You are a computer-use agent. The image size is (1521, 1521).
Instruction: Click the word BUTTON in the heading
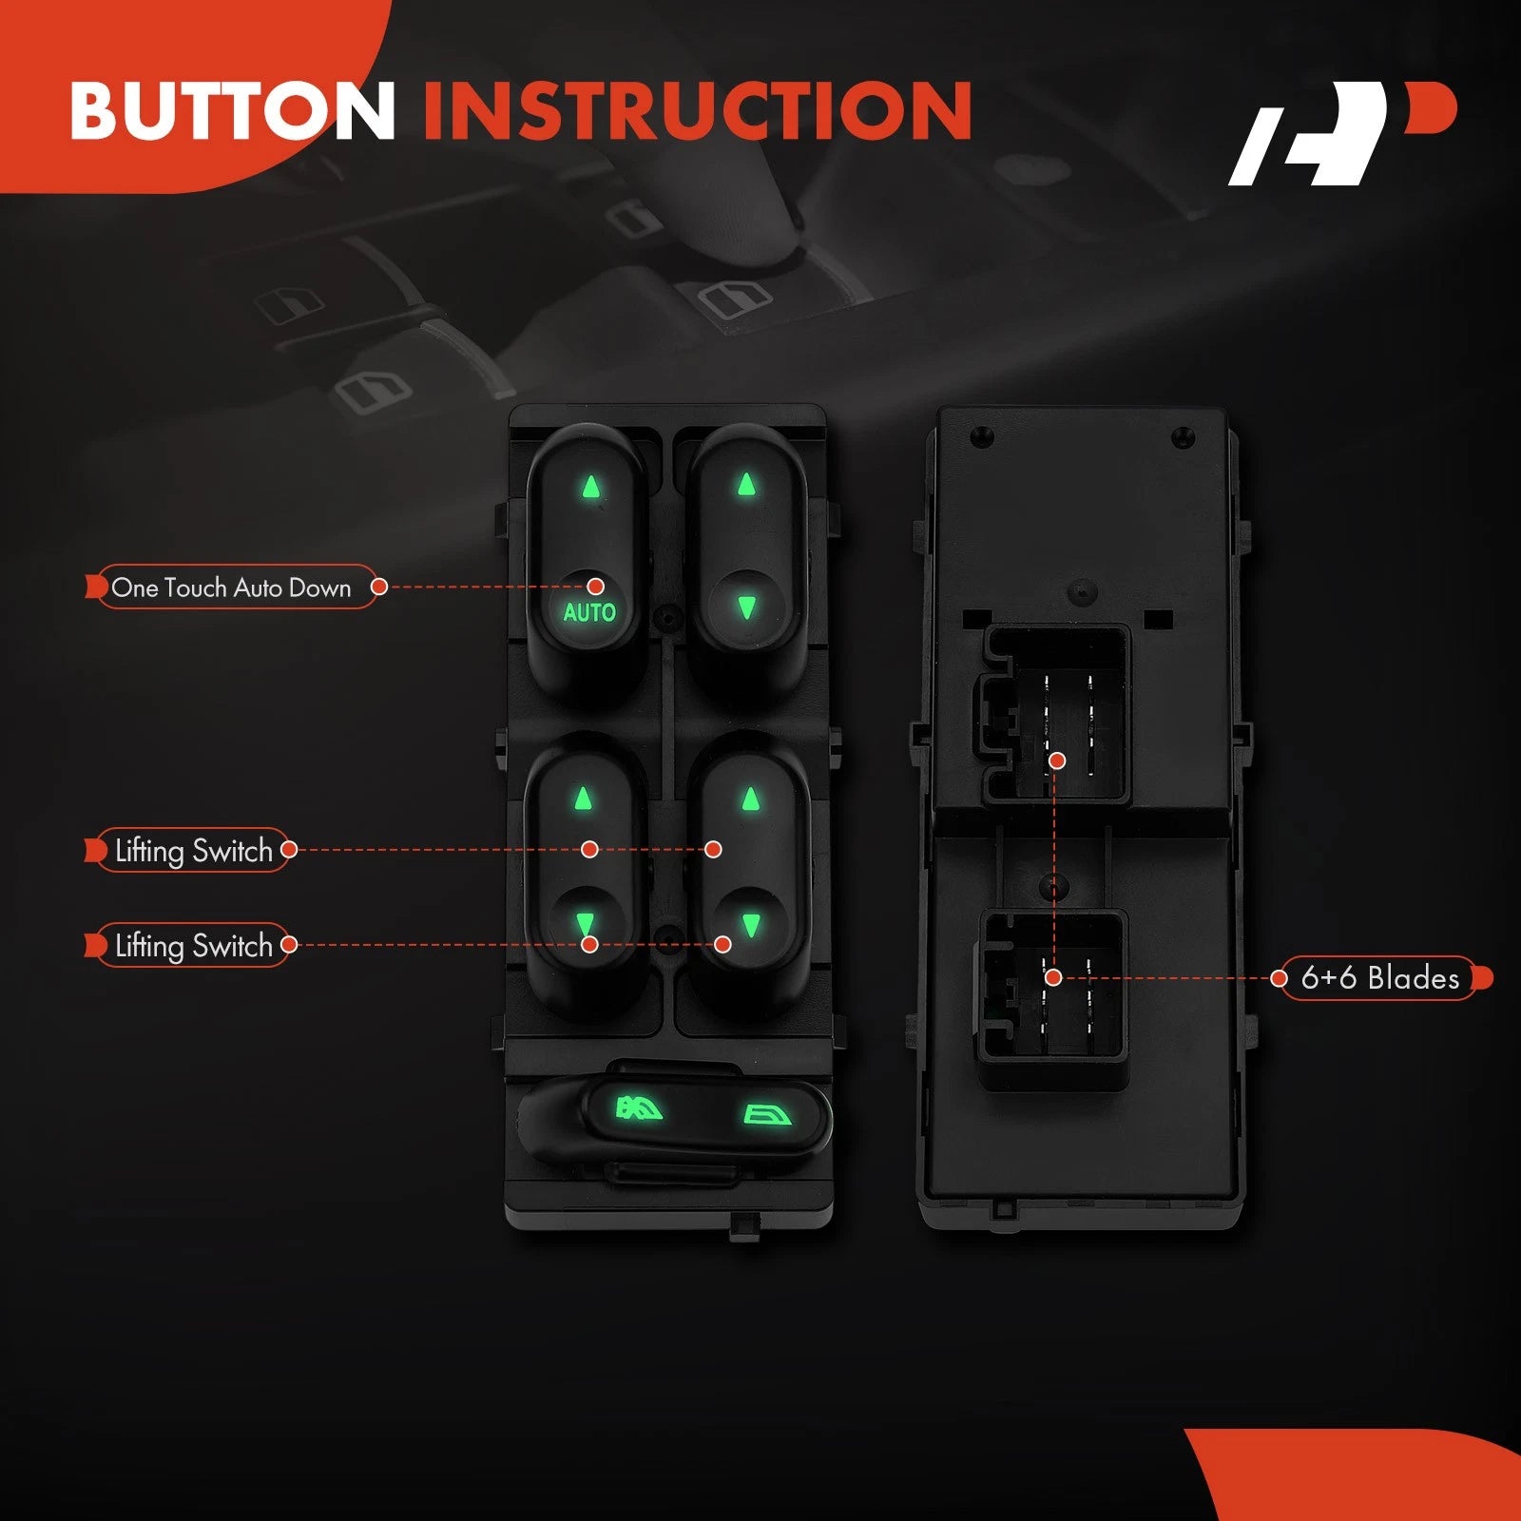[233, 110]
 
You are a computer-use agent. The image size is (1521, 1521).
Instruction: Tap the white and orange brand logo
[1342, 133]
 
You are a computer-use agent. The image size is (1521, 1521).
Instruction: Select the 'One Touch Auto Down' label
[231, 587]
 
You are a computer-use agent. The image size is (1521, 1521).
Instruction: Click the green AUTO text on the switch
[589, 612]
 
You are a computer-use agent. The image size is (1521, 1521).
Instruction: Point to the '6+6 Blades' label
[1380, 977]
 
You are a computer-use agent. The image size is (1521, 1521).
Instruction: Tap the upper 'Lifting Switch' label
[193, 850]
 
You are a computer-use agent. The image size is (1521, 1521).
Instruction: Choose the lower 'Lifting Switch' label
[193, 945]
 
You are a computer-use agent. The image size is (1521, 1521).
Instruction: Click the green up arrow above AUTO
[592, 487]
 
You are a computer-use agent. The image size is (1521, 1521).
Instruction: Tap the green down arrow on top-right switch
[746, 607]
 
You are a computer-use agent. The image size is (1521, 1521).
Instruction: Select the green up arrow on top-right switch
[746, 485]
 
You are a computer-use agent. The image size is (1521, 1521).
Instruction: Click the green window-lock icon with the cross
[640, 1108]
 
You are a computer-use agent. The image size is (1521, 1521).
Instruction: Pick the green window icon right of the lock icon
[766, 1114]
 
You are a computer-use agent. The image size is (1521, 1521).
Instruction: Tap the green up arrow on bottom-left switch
[584, 798]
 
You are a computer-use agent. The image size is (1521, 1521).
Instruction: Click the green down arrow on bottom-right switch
[751, 925]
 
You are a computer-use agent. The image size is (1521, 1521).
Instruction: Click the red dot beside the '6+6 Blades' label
[1280, 977]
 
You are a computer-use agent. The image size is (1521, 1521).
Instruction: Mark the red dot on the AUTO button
[596, 586]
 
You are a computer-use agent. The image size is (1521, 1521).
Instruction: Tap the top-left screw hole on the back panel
[981, 437]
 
